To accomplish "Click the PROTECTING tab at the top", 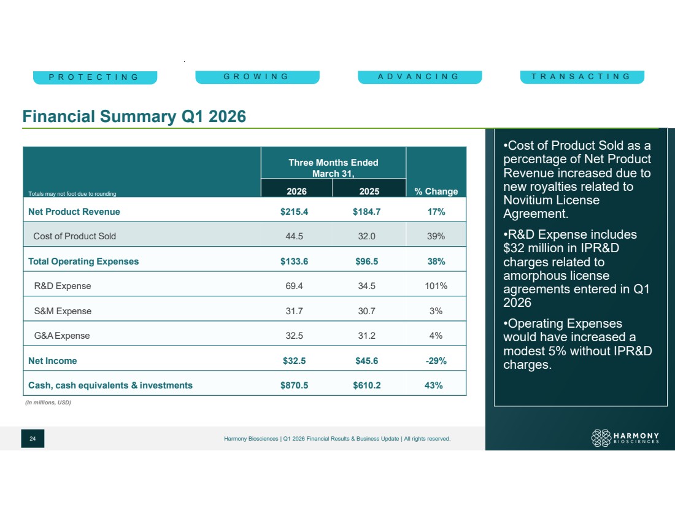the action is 95,77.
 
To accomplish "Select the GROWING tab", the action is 258,77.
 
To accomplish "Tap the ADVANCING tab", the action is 420,77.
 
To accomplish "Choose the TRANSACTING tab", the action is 582,77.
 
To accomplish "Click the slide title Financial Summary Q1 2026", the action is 134,116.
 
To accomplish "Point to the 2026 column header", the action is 296,191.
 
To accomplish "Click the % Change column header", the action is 436,191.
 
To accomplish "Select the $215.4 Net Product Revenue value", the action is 294,212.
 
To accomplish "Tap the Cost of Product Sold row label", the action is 74,236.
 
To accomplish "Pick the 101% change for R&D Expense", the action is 436,286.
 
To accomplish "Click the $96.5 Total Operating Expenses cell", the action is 367,261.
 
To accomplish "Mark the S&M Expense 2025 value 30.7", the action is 367,311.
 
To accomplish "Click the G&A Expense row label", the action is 62,336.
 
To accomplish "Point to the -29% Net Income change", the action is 436,361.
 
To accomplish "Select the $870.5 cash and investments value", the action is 294,385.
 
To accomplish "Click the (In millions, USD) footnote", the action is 48,403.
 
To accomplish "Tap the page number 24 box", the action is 33,438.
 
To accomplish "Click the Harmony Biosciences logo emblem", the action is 601,438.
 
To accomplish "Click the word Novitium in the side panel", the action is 530,200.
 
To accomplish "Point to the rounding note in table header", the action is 72,194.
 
